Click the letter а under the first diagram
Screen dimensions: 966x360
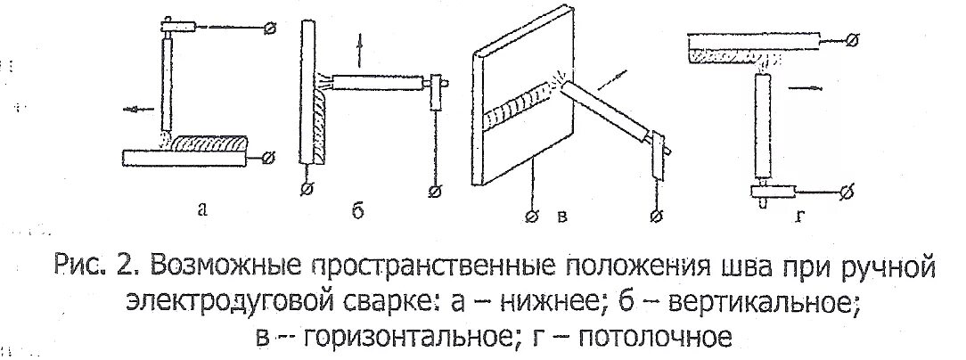click(x=202, y=210)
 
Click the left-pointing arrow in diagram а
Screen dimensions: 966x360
click(x=137, y=110)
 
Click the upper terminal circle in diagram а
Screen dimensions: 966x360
click(x=271, y=29)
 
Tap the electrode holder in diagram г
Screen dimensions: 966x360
click(x=763, y=190)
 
